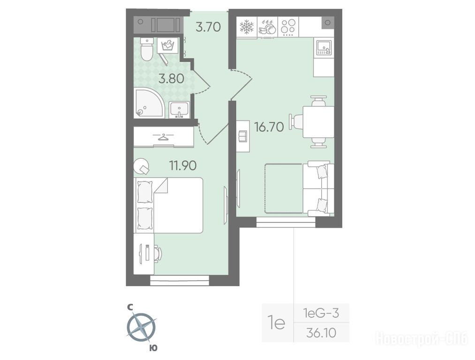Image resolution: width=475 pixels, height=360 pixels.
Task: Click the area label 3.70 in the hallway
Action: [208, 27]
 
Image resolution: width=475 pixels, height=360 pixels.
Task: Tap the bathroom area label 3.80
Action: [171, 79]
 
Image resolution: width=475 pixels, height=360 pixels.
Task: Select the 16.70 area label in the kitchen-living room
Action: [269, 127]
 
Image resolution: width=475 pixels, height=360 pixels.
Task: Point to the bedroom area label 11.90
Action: [183, 165]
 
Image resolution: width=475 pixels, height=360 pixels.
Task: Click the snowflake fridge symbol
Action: [246, 27]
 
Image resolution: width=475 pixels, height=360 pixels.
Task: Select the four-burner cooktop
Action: [288, 27]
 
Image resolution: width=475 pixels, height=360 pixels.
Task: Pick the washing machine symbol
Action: [167, 45]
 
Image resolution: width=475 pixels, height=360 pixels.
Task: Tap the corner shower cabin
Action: [149, 103]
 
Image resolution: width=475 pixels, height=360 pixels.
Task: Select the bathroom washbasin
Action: [179, 110]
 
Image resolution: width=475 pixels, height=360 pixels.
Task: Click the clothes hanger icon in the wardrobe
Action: [164, 137]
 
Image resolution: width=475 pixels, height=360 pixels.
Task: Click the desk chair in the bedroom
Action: [158, 254]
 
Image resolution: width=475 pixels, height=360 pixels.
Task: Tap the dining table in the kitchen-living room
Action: [318, 122]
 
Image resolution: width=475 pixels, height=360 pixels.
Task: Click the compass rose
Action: [141, 328]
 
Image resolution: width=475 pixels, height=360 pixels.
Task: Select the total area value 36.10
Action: [321, 333]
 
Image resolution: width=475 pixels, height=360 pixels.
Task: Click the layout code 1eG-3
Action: [321, 313]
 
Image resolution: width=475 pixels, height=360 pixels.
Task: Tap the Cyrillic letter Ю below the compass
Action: [154, 348]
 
